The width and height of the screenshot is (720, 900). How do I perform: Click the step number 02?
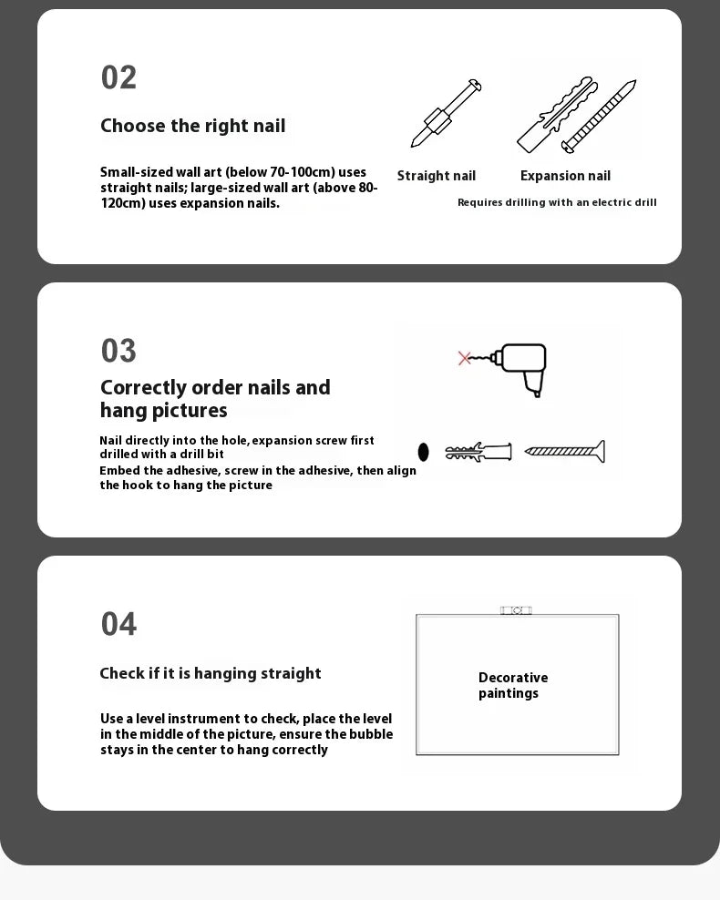[118, 77]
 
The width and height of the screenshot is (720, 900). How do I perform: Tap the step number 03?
[118, 351]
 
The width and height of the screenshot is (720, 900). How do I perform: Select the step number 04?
[118, 624]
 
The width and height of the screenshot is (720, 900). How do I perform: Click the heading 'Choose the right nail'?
[193, 126]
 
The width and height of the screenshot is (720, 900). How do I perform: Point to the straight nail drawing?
[446, 113]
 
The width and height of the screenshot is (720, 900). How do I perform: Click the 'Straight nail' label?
[437, 176]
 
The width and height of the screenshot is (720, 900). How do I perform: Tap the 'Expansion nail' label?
[566, 176]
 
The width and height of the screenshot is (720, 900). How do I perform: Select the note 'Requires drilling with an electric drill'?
[557, 202]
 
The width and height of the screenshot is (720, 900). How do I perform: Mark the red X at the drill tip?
[465, 358]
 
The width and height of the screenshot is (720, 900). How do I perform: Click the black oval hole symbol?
[423, 453]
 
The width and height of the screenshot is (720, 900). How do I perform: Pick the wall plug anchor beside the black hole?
[478, 452]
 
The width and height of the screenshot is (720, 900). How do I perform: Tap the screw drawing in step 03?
[565, 451]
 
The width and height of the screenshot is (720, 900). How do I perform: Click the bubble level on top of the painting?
[516, 610]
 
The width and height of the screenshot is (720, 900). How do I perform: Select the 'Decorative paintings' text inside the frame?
[513, 685]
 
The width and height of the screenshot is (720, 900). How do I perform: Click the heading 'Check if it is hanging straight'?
[211, 673]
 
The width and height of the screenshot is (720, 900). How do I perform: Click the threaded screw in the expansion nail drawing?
[599, 117]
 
